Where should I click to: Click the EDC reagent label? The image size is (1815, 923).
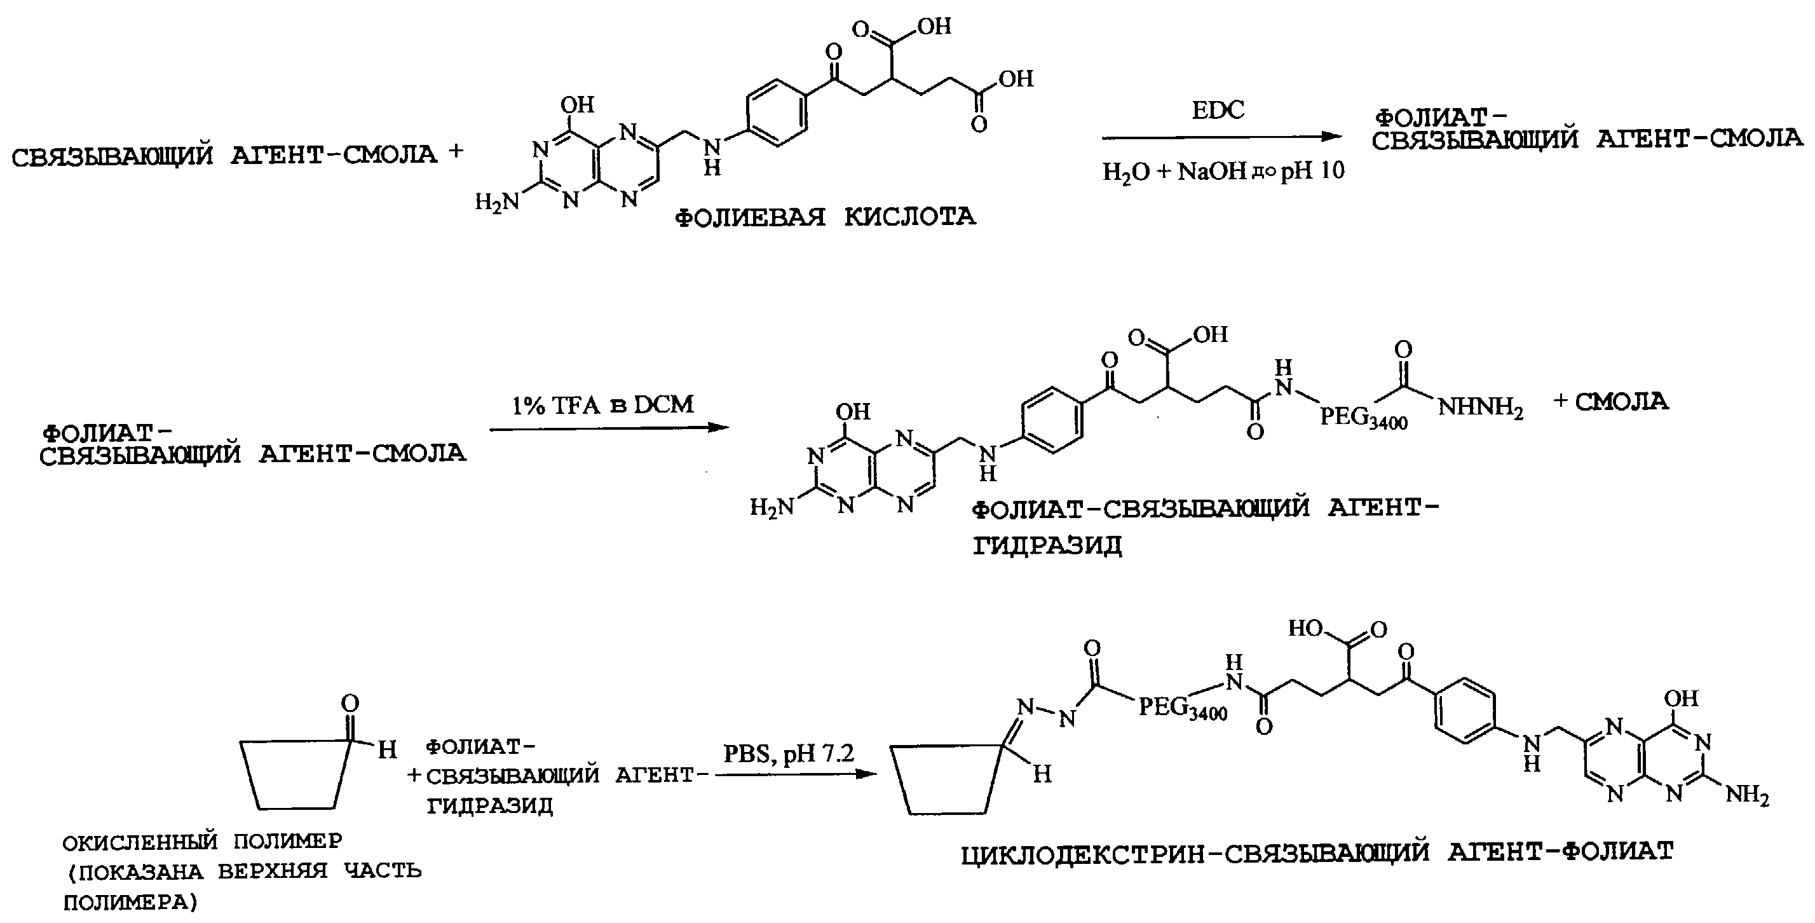[1218, 111]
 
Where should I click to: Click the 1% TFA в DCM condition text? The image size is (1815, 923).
[602, 404]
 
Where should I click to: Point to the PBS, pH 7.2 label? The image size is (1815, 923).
[789, 755]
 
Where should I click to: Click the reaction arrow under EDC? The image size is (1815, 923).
[1220, 137]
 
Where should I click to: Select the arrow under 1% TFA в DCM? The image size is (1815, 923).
[609, 428]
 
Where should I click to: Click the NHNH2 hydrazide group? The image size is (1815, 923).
[1480, 409]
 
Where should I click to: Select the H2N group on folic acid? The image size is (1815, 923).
[497, 203]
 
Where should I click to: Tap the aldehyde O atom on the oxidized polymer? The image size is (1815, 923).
[350, 703]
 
